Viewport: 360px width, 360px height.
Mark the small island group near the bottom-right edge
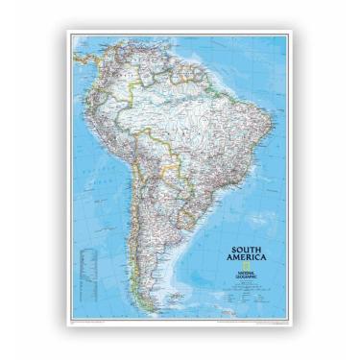coord(261,308)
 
